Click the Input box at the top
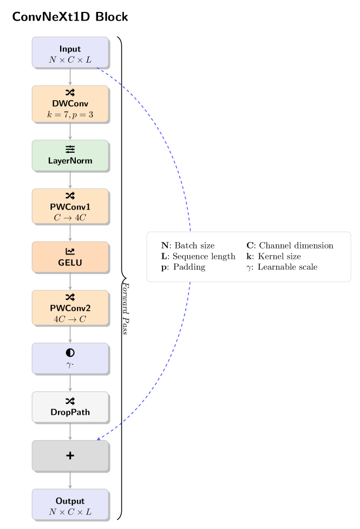(x=70, y=53)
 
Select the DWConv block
(x=70, y=104)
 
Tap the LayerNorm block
(x=70, y=155)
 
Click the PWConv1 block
(x=70, y=206)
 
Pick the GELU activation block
(x=70, y=257)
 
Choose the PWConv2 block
(x=70, y=308)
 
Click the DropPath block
(x=70, y=407)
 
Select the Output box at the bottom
(x=70, y=505)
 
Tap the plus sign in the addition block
(x=70, y=456)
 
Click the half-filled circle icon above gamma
(x=70, y=352)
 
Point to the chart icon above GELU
(x=70, y=251)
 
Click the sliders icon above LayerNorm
(x=70, y=149)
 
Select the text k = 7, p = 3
(x=70, y=114)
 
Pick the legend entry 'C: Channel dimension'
(x=290, y=246)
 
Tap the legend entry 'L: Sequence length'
(x=198, y=256)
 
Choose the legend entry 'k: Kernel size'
(x=273, y=256)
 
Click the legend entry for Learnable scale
(x=282, y=267)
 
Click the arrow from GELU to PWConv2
(x=70, y=281)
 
